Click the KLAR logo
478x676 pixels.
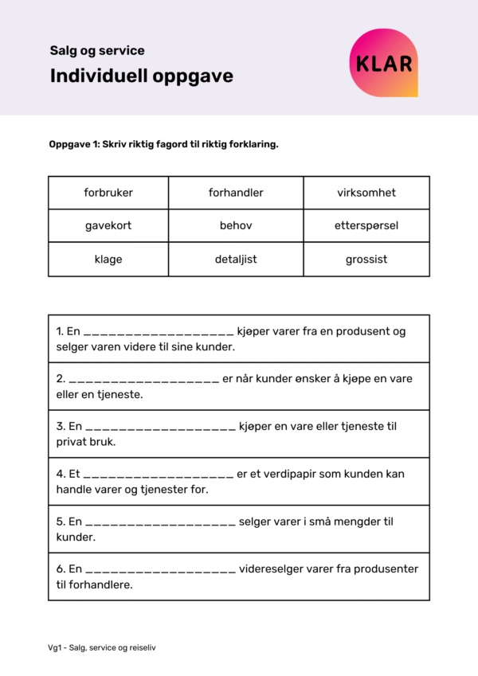pos(383,63)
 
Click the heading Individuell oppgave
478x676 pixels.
pos(142,76)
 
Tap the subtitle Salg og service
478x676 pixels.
pos(97,51)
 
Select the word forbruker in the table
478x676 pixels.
pos(108,193)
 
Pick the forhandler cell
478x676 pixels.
pos(236,193)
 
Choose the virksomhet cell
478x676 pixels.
pos(366,193)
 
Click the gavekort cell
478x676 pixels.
pos(108,225)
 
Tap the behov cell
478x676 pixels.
pos(236,225)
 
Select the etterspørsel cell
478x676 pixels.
pos(366,225)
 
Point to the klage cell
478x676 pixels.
pos(108,260)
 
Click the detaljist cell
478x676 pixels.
pos(236,260)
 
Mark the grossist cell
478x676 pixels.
pos(366,260)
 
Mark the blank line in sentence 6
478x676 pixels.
pos(160,572)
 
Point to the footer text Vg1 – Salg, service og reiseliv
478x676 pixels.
pos(102,648)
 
